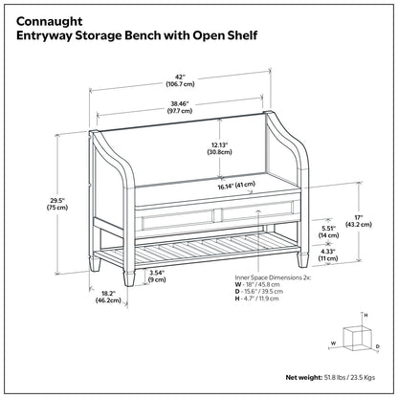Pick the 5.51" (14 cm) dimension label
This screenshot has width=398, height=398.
click(329, 230)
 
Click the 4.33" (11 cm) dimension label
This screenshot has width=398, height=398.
click(329, 254)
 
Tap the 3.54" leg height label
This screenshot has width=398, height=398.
click(157, 276)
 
